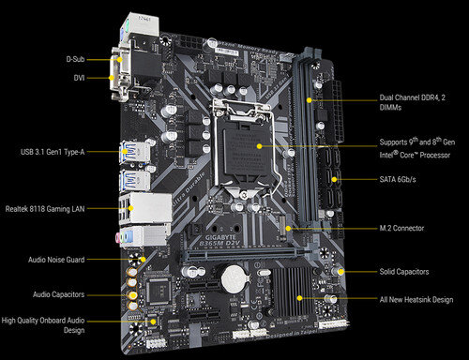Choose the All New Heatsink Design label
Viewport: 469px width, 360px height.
pos(416,299)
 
